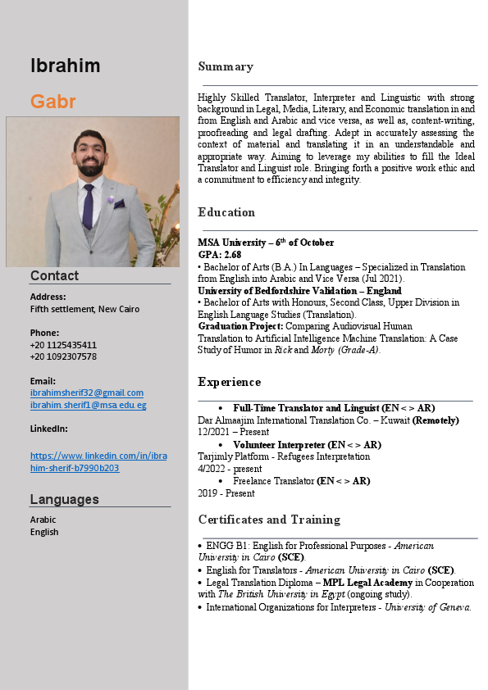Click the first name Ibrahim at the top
click(x=65, y=66)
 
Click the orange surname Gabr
click(x=52, y=102)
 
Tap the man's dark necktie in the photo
click(x=88, y=204)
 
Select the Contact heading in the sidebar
click(x=54, y=275)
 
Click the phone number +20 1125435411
click(x=63, y=345)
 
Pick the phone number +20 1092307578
click(x=63, y=356)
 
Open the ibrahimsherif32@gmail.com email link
click(x=86, y=393)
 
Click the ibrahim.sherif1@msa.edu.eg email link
click(x=88, y=405)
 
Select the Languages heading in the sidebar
click(x=64, y=499)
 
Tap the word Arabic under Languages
click(x=43, y=520)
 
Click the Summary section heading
click(x=226, y=66)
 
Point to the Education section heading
click(x=226, y=212)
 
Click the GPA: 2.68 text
click(x=219, y=255)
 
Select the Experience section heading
click(x=230, y=382)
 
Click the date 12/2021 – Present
click(x=233, y=432)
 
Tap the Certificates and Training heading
click(x=269, y=520)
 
